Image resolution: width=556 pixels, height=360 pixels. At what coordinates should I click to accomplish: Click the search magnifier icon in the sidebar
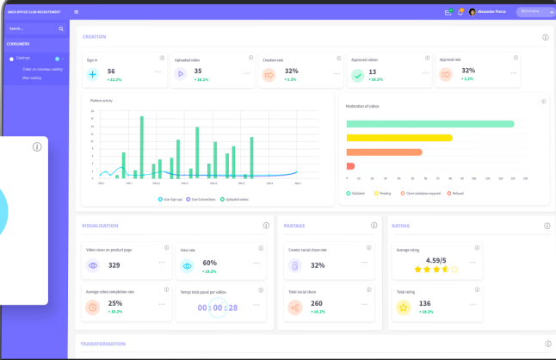click(61, 28)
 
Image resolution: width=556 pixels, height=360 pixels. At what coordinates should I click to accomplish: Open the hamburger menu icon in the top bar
click(77, 12)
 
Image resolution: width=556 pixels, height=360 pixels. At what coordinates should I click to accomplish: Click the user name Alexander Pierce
click(492, 12)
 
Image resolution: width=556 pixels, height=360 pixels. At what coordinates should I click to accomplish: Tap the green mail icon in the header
click(448, 12)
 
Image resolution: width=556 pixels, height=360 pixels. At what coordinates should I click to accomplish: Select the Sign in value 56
click(111, 71)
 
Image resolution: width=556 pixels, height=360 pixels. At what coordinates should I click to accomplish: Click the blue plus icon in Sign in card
click(93, 74)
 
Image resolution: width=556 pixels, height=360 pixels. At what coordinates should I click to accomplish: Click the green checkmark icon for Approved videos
click(357, 75)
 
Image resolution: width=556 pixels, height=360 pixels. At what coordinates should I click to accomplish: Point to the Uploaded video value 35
click(198, 71)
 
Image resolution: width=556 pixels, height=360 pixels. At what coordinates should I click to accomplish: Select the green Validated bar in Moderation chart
click(430, 124)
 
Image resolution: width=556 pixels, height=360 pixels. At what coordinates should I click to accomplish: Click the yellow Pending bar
click(399, 138)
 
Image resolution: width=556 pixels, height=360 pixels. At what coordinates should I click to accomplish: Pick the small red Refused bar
click(350, 165)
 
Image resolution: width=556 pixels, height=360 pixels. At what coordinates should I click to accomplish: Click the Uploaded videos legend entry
click(234, 199)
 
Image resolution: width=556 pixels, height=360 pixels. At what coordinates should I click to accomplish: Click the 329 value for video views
click(114, 265)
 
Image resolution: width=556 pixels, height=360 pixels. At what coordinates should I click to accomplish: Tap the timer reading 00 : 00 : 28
click(218, 307)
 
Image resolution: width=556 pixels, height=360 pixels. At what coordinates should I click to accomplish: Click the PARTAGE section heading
click(295, 226)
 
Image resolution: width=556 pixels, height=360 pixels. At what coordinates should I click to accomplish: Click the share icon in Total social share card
click(295, 307)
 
